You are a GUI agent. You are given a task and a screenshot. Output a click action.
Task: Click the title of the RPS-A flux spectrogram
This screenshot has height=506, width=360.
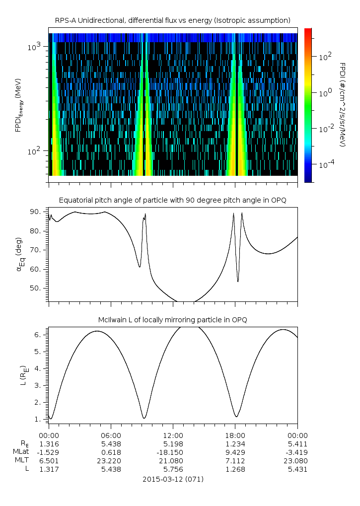(173, 20)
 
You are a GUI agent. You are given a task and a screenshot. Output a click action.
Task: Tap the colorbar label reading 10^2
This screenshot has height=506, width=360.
(325, 57)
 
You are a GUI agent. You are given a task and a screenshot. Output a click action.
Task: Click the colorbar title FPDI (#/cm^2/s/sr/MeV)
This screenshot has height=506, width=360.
(343, 104)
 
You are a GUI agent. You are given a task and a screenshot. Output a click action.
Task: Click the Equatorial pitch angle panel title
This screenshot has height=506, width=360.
(173, 200)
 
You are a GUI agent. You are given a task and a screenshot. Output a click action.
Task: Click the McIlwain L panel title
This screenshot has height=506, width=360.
(173, 320)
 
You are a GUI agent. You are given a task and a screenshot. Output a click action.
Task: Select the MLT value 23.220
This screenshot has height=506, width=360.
(111, 460)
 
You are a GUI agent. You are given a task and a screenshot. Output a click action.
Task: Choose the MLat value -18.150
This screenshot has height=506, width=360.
(172, 452)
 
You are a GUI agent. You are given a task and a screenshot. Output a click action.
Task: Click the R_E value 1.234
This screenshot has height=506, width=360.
(235, 443)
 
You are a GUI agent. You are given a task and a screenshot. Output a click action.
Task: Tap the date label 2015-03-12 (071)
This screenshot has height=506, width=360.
(173, 479)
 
